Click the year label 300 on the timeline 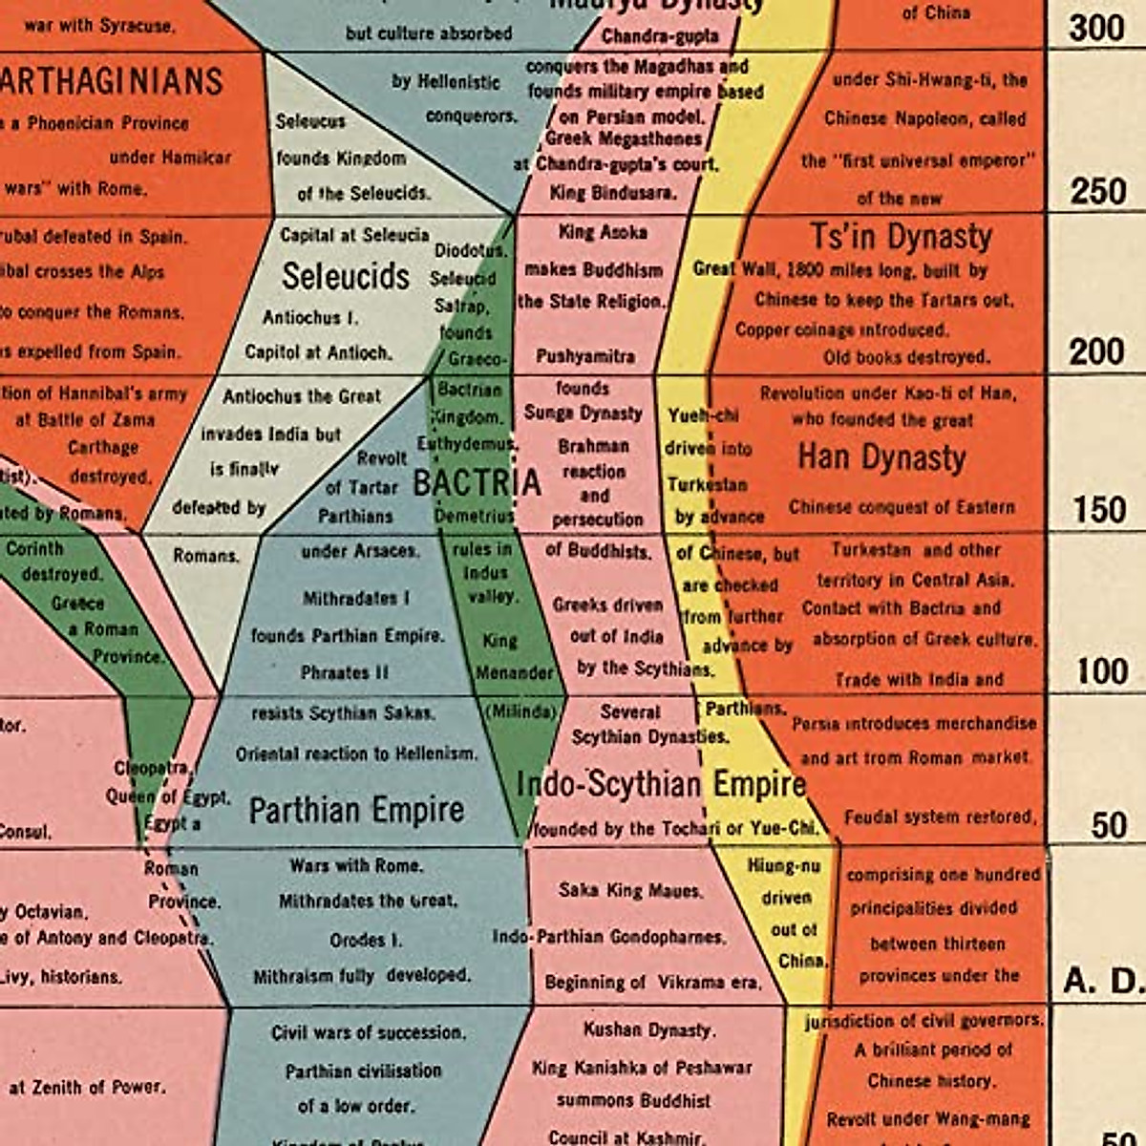(x=1096, y=28)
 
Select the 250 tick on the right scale (x=1097, y=191)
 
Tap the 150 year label (x=1099, y=510)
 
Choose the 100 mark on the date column (x=1102, y=671)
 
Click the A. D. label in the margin (x=1102, y=981)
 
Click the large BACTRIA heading (x=477, y=483)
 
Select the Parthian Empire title (x=356, y=810)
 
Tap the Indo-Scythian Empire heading (x=661, y=784)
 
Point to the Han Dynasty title (x=881, y=457)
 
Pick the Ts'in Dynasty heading (x=901, y=236)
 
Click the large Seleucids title (x=345, y=276)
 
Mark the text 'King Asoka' (x=603, y=232)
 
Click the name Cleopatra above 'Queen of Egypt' (x=152, y=768)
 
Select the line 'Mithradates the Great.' (x=368, y=901)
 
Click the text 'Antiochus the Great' (x=302, y=395)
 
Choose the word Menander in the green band (x=515, y=672)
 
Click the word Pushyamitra (x=585, y=356)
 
